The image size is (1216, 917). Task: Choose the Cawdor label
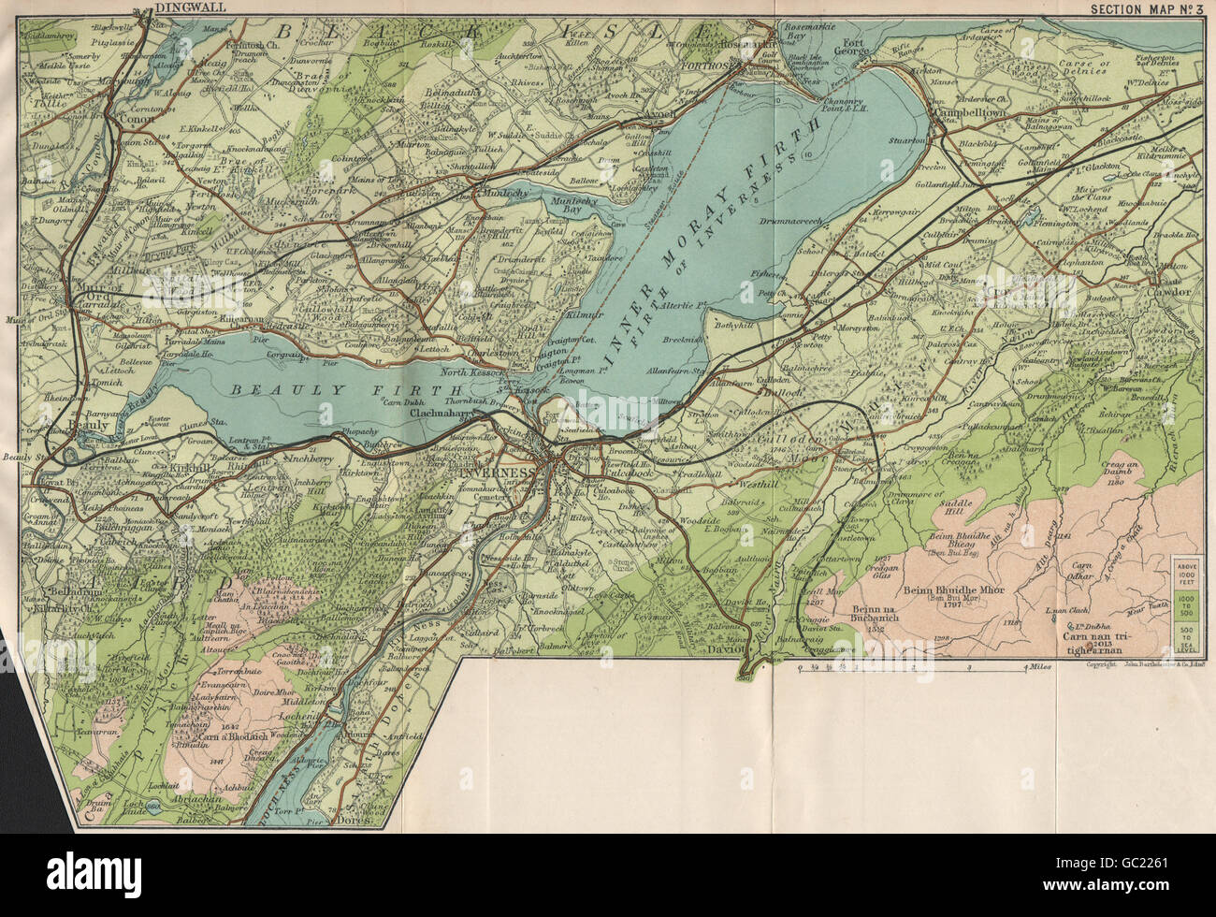[1172, 292]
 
